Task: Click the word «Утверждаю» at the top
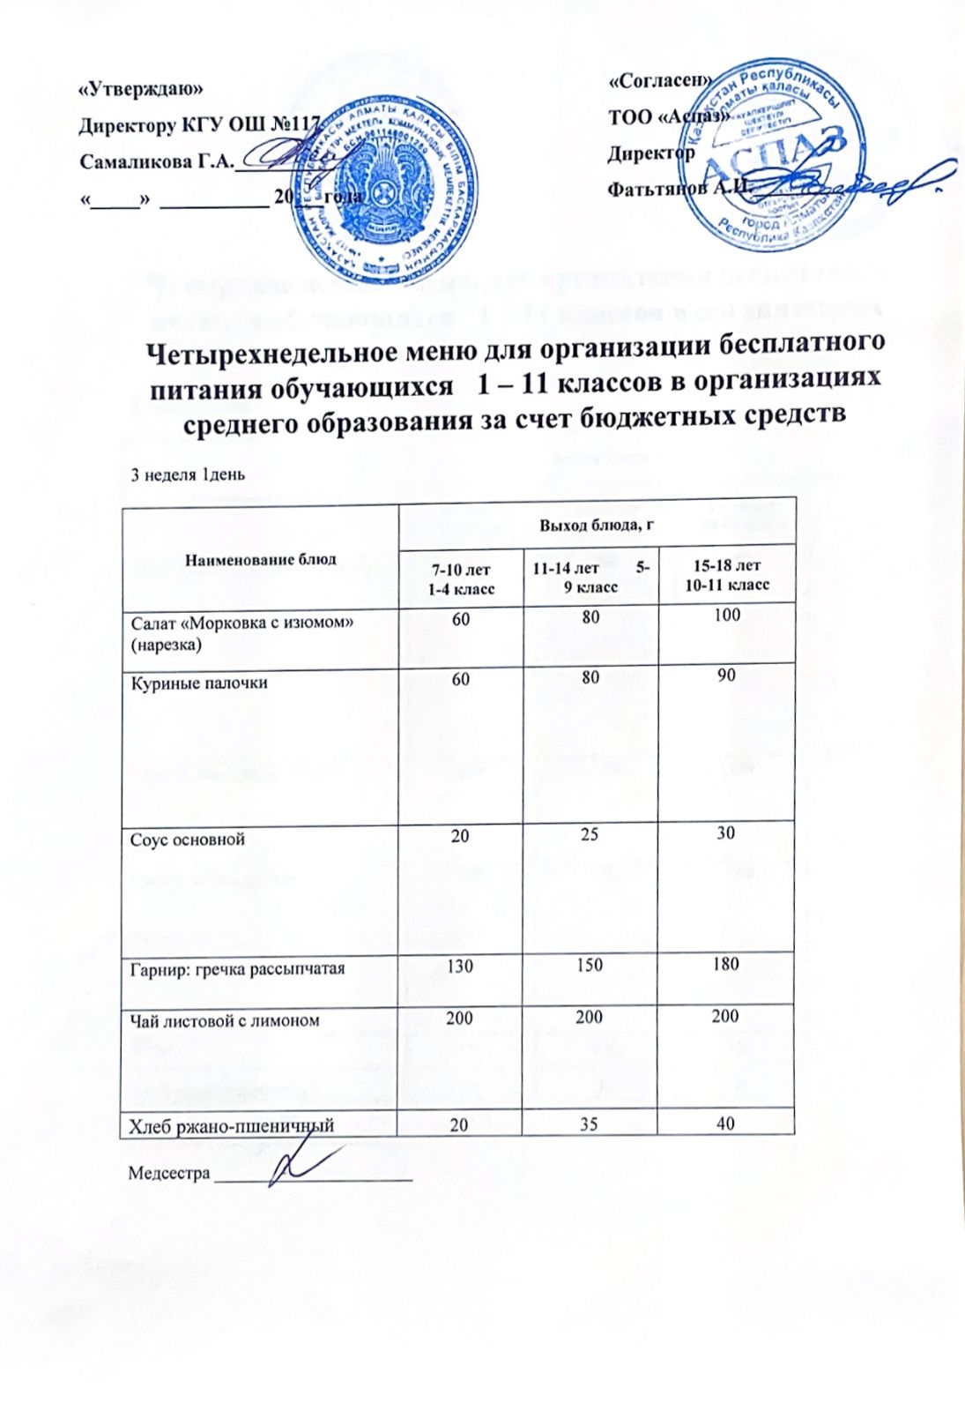tap(141, 89)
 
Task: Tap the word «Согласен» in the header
tap(660, 79)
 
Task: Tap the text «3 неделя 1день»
tap(188, 474)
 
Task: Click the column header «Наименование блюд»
tap(261, 559)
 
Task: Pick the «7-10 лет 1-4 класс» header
tap(460, 578)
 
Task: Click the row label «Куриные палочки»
tap(199, 683)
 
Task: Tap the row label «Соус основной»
tap(188, 839)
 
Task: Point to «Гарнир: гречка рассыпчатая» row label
tap(238, 968)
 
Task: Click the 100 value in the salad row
tap(727, 616)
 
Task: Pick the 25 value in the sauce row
tap(590, 833)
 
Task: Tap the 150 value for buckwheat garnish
tap(589, 965)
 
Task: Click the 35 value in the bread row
tap(590, 1123)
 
